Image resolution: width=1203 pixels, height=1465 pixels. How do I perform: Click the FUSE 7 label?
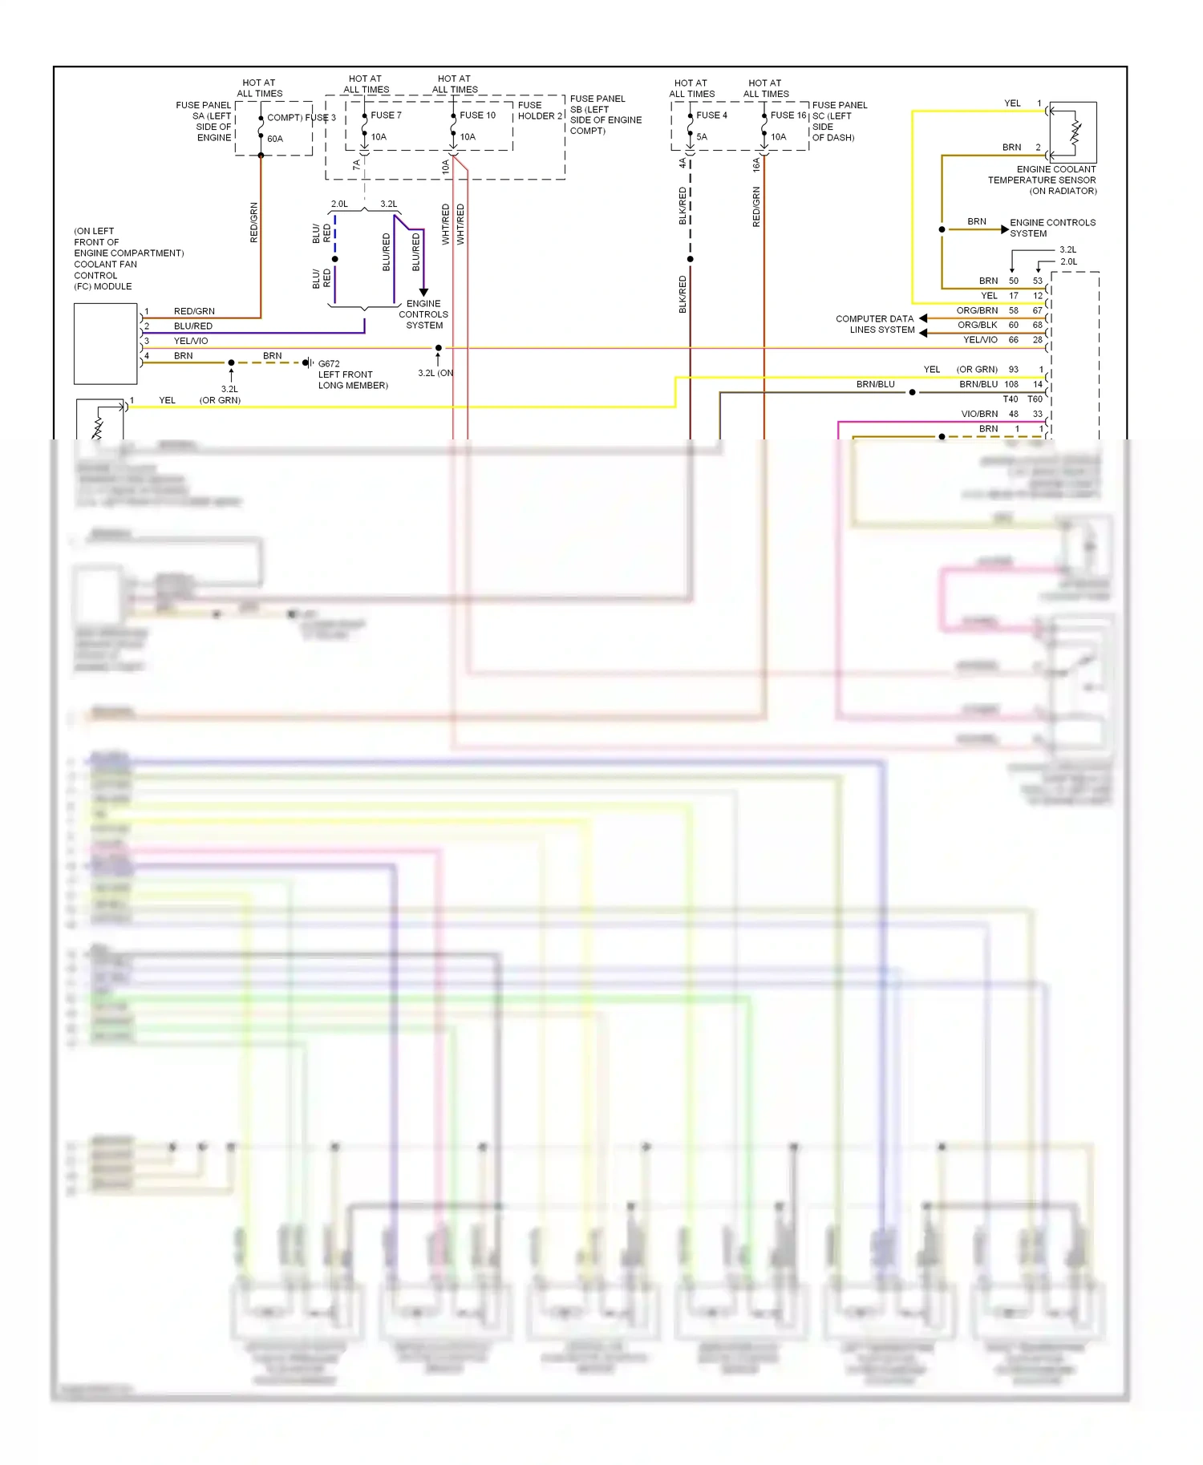tap(386, 115)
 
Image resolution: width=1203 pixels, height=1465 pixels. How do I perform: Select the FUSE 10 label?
tap(477, 115)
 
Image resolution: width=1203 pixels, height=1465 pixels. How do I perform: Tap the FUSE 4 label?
tap(711, 115)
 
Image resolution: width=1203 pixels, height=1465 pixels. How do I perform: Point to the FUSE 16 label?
tap(788, 115)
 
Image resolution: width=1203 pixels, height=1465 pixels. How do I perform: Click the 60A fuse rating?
tap(275, 140)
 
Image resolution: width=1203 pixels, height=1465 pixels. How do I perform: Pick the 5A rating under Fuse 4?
tap(702, 137)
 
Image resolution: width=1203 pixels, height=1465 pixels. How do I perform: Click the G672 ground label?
tap(329, 364)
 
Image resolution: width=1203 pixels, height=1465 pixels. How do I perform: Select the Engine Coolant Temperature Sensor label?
tap(1042, 180)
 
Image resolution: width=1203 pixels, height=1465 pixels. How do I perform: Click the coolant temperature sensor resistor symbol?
tap(1075, 133)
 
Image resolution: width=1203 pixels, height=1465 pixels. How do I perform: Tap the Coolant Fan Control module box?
tap(106, 344)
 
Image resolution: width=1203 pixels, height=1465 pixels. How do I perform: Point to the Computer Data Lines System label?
tap(874, 325)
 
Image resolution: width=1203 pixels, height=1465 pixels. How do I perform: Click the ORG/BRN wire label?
tap(977, 311)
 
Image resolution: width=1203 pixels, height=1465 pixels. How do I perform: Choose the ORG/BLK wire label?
tap(977, 326)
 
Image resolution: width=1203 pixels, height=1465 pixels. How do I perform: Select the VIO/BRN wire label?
tap(979, 415)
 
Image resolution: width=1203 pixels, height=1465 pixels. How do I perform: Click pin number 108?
tap(1011, 385)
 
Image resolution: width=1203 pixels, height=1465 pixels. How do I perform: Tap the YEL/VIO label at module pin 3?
tap(191, 342)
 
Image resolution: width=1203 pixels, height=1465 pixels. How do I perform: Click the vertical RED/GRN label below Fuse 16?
tap(756, 207)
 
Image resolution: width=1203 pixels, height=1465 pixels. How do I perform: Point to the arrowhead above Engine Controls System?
tap(423, 293)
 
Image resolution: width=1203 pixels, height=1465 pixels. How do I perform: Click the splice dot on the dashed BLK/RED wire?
tap(690, 259)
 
